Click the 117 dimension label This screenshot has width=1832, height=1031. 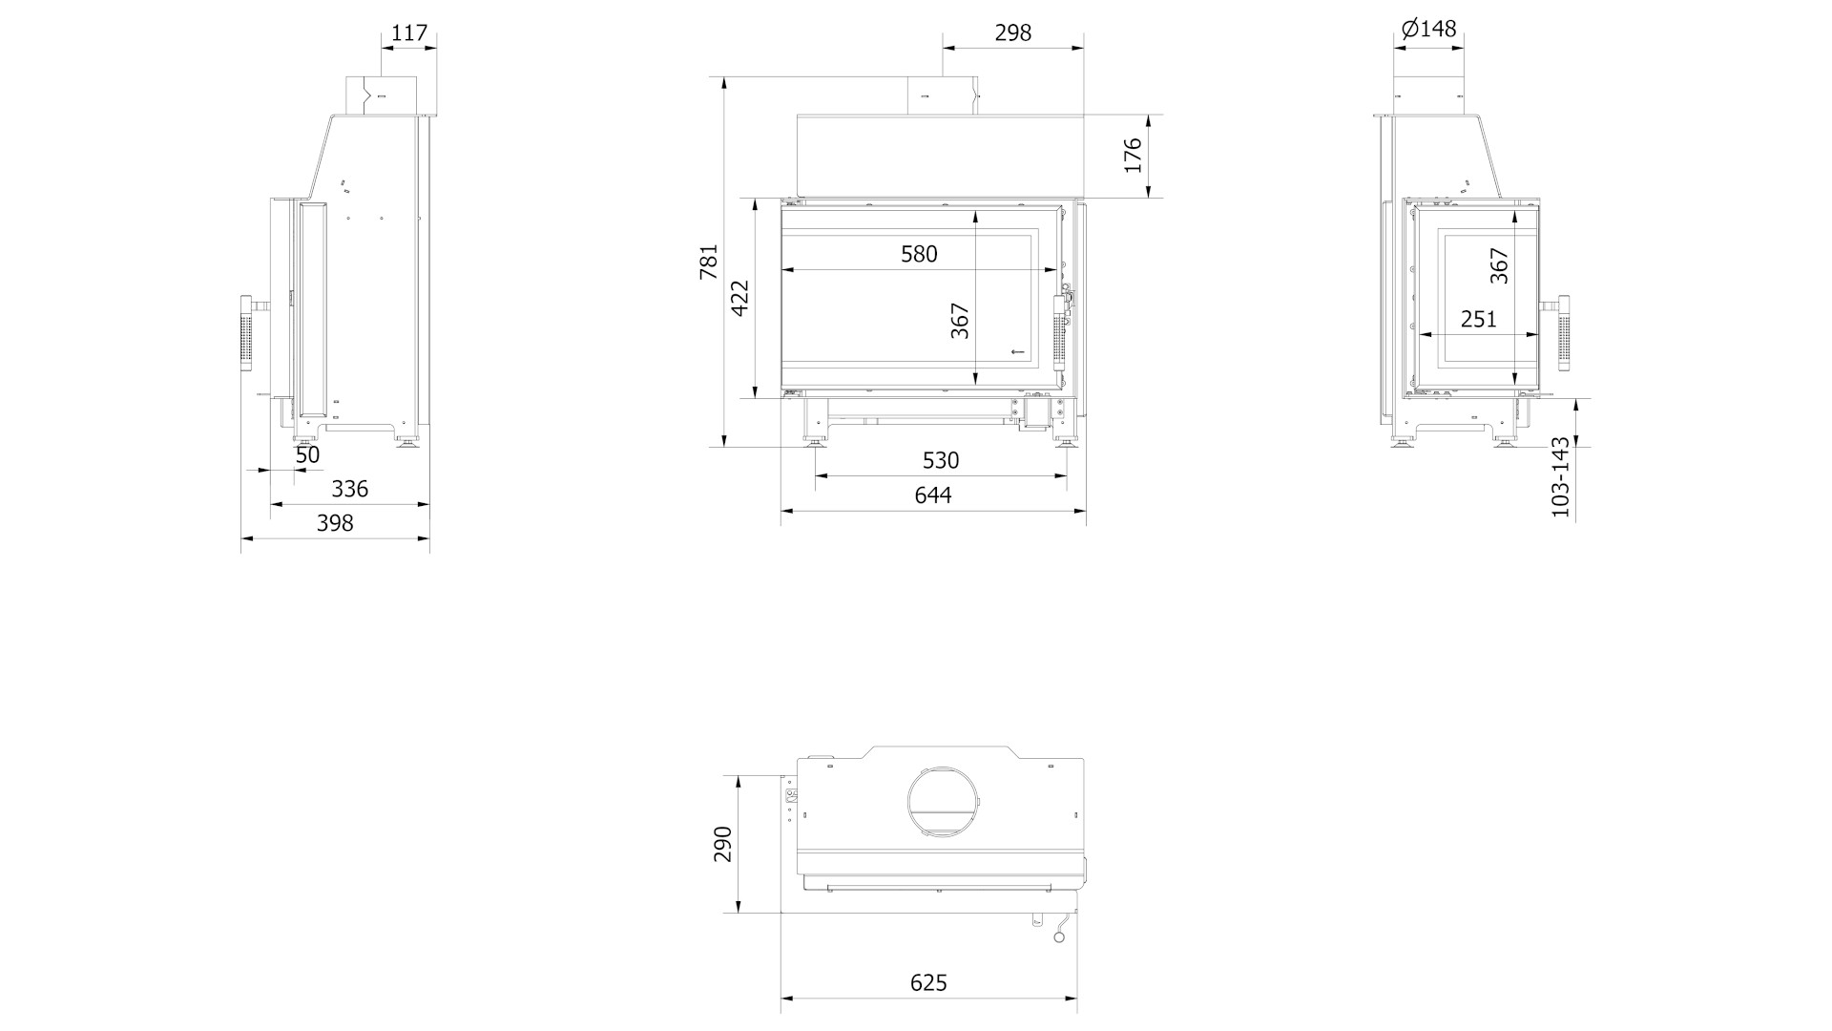pos(409,32)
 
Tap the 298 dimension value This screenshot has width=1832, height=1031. pos(1013,32)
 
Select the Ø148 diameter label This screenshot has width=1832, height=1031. pos(1429,29)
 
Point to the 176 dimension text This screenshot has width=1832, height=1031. pos(1133,156)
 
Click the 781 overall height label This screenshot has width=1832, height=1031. pos(709,262)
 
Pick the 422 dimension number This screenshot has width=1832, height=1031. pos(740,298)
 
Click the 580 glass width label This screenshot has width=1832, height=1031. pos(919,254)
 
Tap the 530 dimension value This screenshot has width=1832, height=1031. pos(941,460)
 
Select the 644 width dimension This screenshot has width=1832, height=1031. pos(933,494)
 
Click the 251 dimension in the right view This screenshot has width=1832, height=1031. pos(1479,319)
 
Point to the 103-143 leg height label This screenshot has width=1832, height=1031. pos(1560,477)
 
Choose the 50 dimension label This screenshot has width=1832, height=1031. pos(307,455)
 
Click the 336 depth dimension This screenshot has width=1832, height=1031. pos(349,489)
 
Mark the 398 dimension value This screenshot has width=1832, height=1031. pos(335,523)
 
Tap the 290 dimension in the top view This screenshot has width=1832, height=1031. pos(723,844)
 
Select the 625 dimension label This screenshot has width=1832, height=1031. pos(928,983)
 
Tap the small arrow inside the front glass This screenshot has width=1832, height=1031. pos(1018,352)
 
